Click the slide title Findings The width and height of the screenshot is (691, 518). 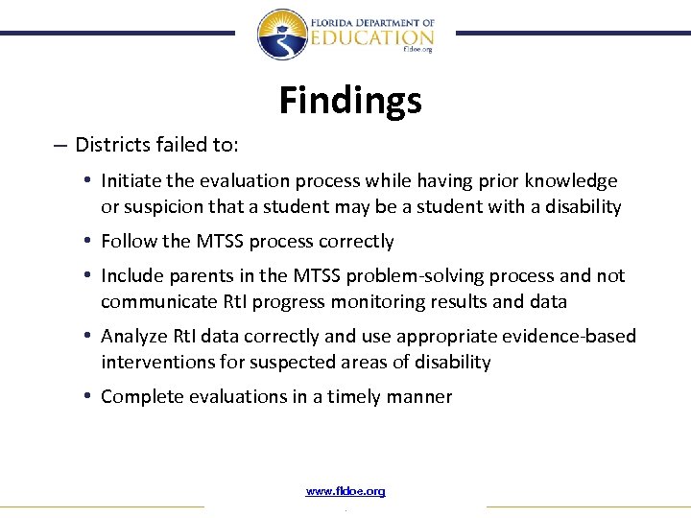tap(349, 100)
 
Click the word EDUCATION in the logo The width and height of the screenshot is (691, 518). tap(372, 36)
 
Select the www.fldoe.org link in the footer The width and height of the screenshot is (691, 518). tap(345, 491)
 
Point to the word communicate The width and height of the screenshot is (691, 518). tap(156, 302)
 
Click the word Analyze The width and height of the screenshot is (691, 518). tap(134, 337)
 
